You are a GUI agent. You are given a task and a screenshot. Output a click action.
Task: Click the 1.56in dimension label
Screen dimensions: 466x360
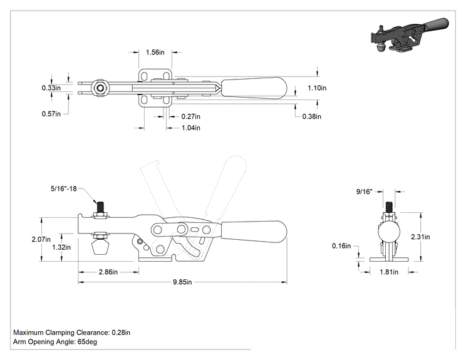(155, 52)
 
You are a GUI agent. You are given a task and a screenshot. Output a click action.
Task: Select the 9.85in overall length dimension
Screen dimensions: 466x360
(182, 282)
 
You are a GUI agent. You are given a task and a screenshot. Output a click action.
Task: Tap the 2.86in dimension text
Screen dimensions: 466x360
(108, 272)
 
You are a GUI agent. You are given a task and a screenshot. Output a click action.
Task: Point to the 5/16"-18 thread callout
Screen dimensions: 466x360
(64, 188)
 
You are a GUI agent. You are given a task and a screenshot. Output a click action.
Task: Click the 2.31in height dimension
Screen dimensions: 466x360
(420, 237)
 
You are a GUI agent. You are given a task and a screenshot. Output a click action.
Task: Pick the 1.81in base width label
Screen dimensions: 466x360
(389, 272)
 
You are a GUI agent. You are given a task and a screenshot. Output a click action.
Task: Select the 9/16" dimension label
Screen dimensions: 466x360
(365, 192)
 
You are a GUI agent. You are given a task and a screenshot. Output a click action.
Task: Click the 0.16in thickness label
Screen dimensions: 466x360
(341, 245)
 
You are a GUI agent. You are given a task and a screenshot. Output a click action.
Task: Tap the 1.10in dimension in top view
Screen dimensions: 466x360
(317, 88)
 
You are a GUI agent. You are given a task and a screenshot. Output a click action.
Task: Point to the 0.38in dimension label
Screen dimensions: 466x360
(312, 116)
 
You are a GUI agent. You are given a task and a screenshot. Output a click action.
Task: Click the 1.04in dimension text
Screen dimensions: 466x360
(191, 128)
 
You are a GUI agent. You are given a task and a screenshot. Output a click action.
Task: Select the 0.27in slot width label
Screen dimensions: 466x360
(191, 116)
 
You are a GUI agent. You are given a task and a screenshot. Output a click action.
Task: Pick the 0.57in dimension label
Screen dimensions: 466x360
(51, 114)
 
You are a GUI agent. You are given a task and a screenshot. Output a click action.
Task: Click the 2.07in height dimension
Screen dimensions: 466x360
(41, 239)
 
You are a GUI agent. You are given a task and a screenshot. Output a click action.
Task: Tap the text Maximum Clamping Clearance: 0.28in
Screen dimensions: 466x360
(71, 332)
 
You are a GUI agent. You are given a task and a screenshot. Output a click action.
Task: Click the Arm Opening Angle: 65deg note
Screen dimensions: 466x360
(55, 342)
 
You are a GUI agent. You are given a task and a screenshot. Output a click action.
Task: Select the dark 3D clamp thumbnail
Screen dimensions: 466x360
(410, 35)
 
